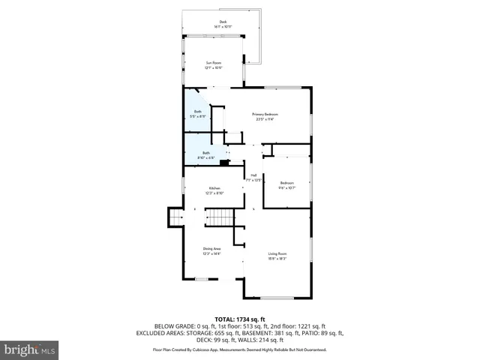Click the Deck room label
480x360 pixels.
pyautogui.click(x=223, y=22)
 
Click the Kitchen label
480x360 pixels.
pyautogui.click(x=214, y=188)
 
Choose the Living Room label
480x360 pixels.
pyautogui.click(x=277, y=254)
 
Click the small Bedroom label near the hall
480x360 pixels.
pyautogui.click(x=287, y=183)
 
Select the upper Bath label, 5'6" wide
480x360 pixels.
pyautogui.click(x=198, y=112)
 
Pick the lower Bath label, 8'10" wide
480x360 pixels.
pyautogui.click(x=205, y=153)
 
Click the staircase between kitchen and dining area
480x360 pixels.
pyautogui.click(x=220, y=217)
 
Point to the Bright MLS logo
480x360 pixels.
pyautogui.click(x=30, y=349)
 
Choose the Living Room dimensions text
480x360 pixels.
pyautogui.click(x=277, y=259)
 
